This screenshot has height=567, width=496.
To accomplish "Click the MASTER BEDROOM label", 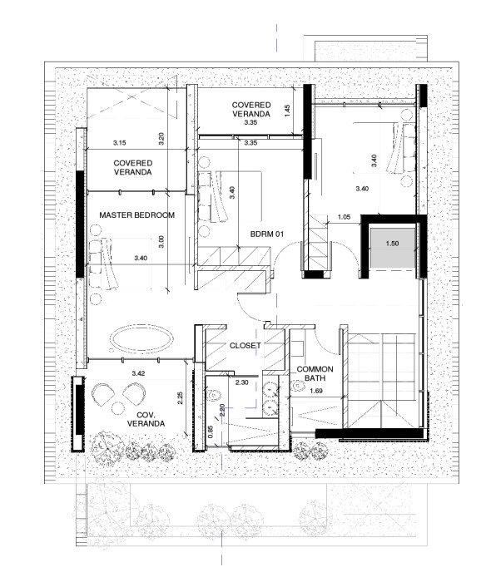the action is coord(136,215).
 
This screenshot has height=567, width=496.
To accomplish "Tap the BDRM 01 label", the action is coord(267,234).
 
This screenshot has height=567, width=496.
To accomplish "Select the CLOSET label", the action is coord(246,345).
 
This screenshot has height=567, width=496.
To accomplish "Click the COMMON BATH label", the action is coord(315,373).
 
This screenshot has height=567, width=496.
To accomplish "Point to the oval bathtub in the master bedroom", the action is coord(141,339).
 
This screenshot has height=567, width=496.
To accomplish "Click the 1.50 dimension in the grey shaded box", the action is coord(392,244).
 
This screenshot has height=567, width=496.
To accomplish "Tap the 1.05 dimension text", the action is coord(344,217).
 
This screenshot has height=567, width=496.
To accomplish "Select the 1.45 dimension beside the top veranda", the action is coord(287,111).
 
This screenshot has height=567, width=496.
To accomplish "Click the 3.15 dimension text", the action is coord(120,143).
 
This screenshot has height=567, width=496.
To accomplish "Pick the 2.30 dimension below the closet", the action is coord(242,382).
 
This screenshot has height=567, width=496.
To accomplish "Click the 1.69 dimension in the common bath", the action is coord(316,391).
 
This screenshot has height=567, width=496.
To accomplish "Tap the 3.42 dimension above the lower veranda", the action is coord(139,373).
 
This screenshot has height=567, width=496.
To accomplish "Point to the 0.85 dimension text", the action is coord(211,431).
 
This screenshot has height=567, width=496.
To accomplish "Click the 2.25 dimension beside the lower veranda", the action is coord(181,398).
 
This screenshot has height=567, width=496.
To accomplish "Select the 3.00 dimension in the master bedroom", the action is coord(161,242).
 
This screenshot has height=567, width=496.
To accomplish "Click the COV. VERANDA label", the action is coord(146,419).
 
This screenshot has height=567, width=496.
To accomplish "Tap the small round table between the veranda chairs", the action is coord(118,408).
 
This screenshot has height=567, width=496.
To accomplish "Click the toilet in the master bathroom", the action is coord(214,395).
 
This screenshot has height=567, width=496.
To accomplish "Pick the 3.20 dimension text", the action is coord(161,139).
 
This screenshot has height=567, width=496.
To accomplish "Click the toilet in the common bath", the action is coord(297,387).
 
